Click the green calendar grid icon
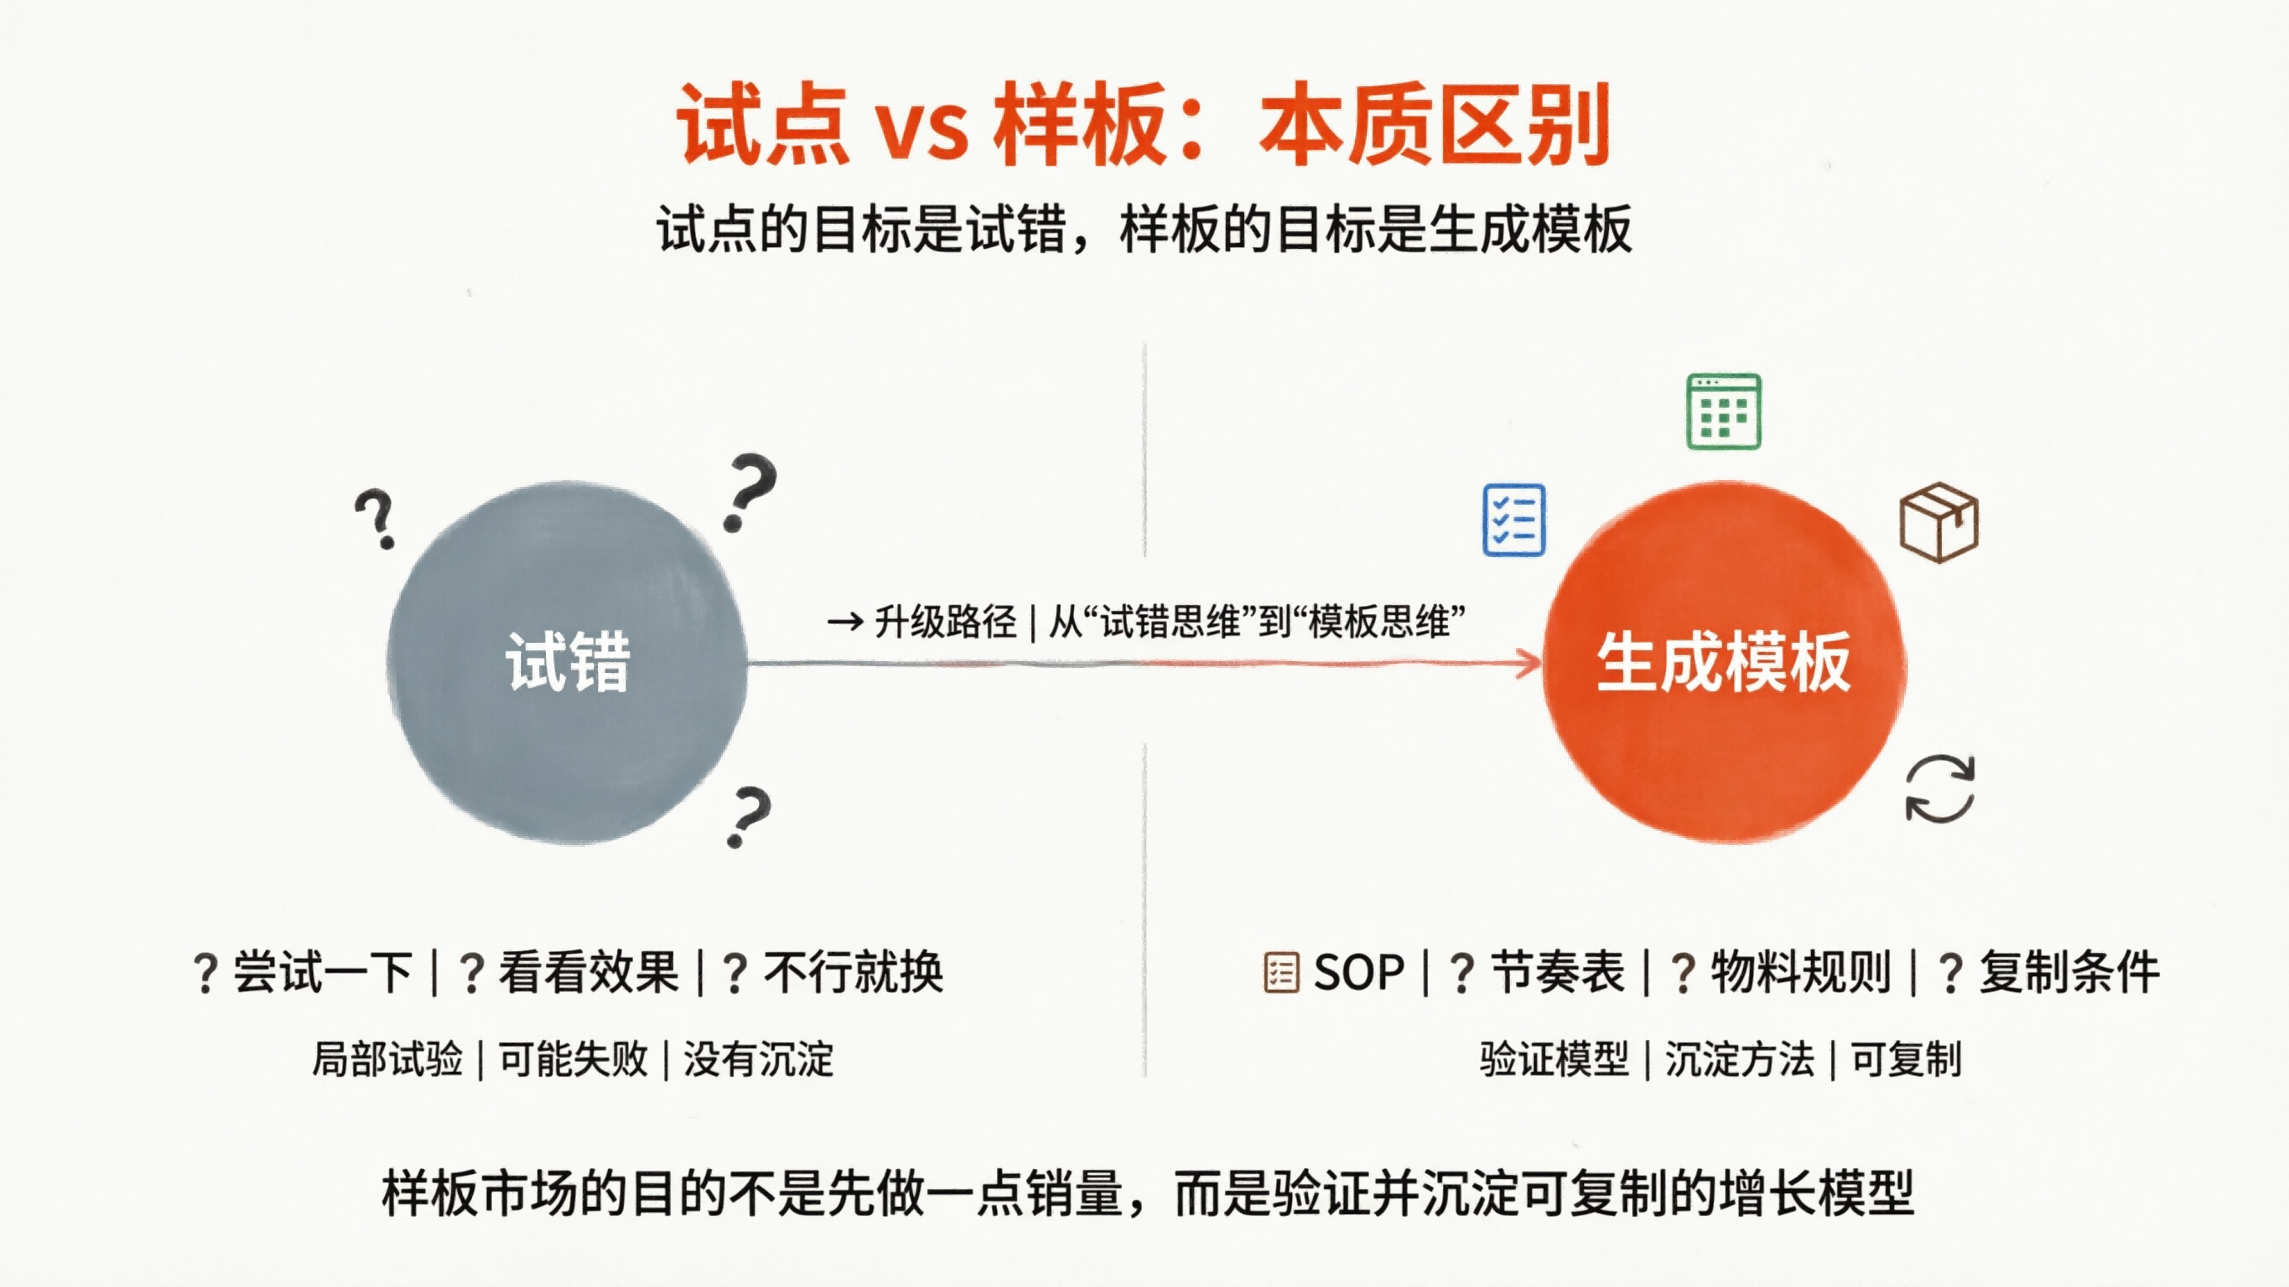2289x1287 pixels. (x=1724, y=411)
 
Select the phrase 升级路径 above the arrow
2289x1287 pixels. (x=945, y=622)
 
